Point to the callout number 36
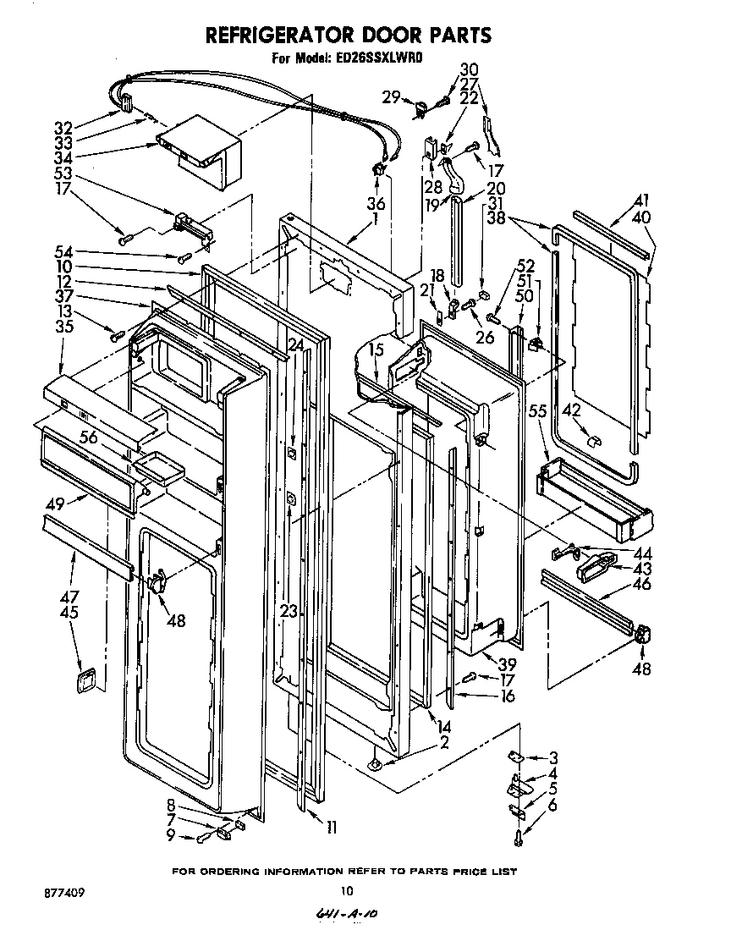[376, 203]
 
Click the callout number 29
[390, 96]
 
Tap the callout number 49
[56, 504]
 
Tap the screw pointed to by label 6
[518, 837]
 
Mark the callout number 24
[294, 344]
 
